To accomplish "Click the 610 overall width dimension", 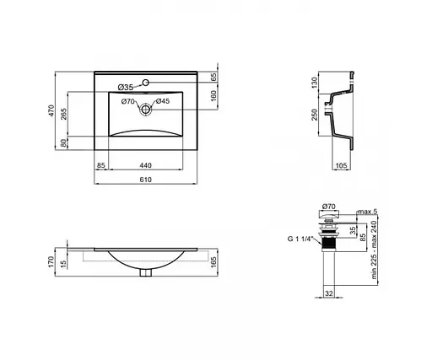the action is pyautogui.click(x=146, y=180).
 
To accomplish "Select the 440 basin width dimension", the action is pyautogui.click(x=146, y=165).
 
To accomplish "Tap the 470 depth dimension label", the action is pyautogui.click(x=51, y=110).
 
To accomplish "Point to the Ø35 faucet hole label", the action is pyautogui.click(x=126, y=88).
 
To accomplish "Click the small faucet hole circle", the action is pyautogui.click(x=146, y=83).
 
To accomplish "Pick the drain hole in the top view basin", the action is pyautogui.click(x=145, y=109).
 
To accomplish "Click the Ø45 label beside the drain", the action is pyautogui.click(x=163, y=101).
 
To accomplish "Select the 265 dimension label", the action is pyautogui.click(x=64, y=114).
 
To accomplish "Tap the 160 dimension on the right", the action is pyautogui.click(x=213, y=96).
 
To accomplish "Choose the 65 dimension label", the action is pyautogui.click(x=213, y=77).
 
